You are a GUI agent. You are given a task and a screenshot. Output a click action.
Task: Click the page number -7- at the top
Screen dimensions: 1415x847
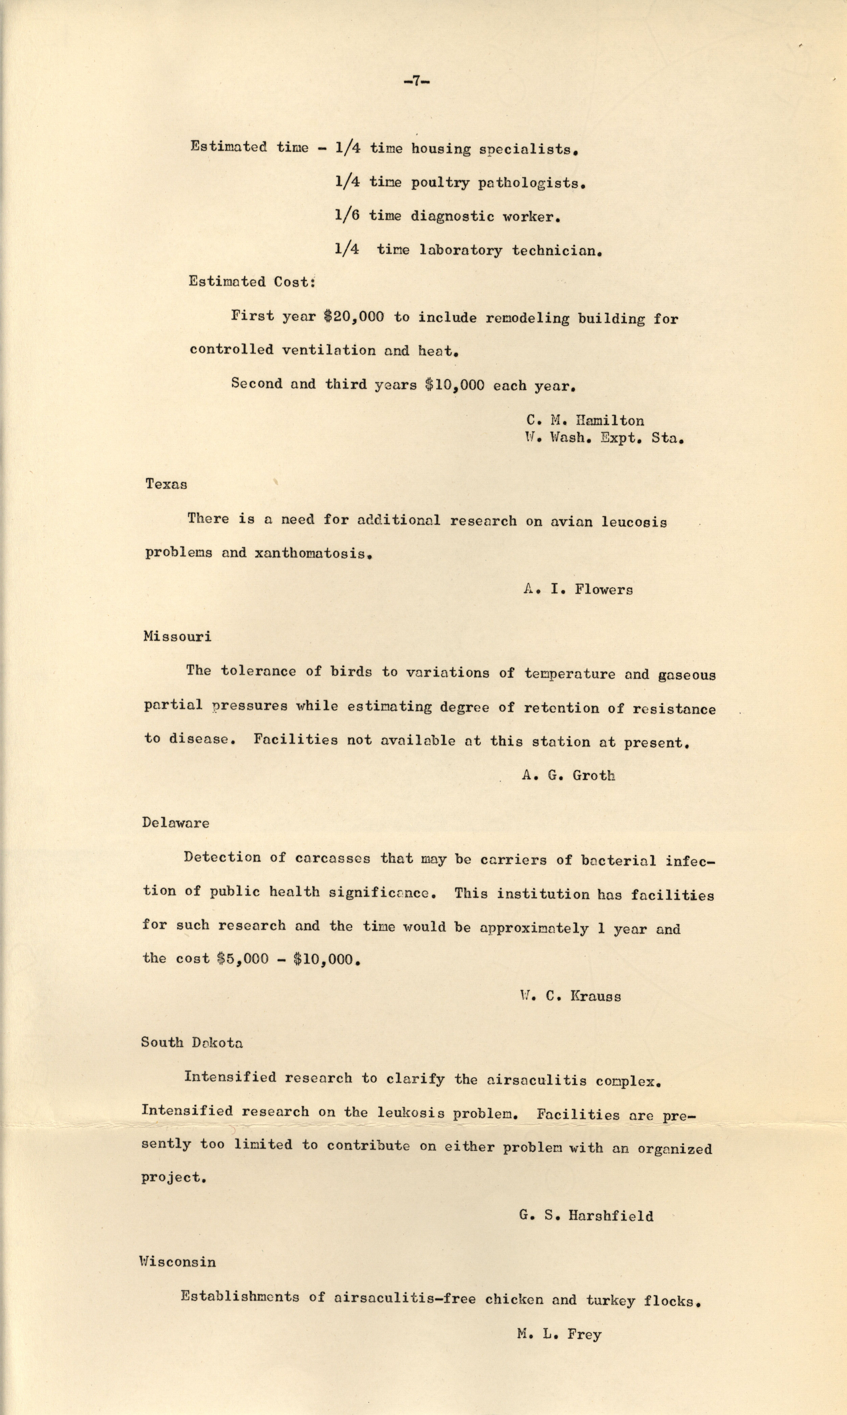[x=416, y=81]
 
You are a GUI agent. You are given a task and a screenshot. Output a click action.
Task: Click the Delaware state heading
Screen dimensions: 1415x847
[x=176, y=823]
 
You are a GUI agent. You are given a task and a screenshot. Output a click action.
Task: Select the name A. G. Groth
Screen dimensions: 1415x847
[x=568, y=776]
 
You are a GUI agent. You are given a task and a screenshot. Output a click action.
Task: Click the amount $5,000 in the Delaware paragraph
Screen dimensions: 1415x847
[x=243, y=959]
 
